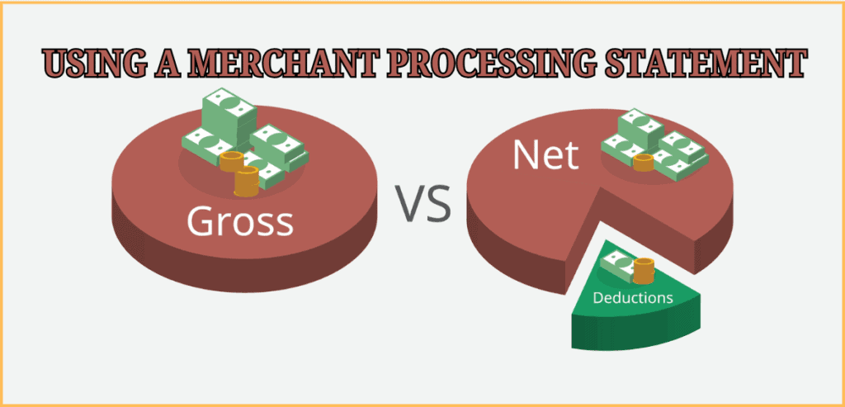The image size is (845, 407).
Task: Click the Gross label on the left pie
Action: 239,221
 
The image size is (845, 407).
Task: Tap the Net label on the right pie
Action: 545,154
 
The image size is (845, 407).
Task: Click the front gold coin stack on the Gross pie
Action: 246,182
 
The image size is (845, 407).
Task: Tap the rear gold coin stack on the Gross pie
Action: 229,160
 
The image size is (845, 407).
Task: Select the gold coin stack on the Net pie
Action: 643,163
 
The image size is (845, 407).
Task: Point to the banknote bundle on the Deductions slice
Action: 616,265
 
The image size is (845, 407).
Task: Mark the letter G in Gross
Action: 200,221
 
